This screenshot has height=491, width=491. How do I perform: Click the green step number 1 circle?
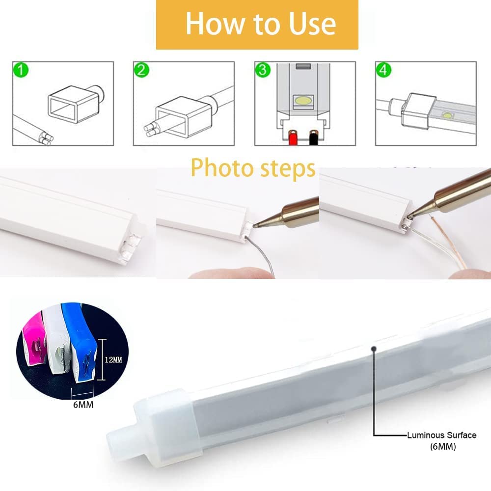click(21, 70)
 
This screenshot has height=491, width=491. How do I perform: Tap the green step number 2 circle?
click(141, 70)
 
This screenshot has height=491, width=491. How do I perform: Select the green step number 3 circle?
click(263, 70)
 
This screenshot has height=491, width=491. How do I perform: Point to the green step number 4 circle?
click(383, 70)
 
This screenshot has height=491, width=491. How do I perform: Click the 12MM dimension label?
click(113, 359)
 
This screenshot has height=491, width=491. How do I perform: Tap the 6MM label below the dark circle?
click(83, 405)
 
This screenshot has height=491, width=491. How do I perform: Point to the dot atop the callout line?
click(374, 348)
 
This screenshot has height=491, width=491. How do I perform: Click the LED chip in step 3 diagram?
click(303, 101)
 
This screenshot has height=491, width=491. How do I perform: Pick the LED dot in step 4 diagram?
click(447, 115)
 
